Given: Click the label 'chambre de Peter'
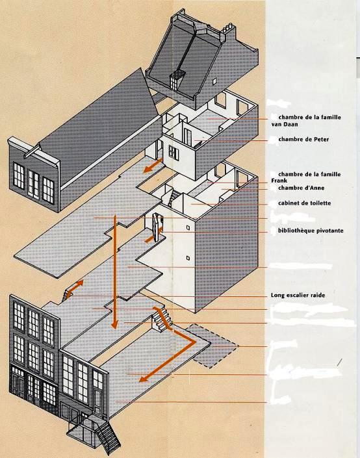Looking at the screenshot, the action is click(303, 139).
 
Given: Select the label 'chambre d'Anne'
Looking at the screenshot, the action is click(302, 188).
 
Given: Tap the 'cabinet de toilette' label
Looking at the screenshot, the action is click(305, 203).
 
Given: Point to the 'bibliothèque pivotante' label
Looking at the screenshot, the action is click(311, 231).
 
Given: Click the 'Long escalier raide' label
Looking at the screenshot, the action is click(298, 295).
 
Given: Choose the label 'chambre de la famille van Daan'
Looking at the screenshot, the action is click(306, 121).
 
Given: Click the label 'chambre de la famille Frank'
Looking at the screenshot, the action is click(306, 177).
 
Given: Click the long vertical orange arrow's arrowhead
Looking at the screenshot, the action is click(115, 324).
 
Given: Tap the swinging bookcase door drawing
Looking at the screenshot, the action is click(157, 227).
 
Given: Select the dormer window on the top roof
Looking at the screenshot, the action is click(176, 79).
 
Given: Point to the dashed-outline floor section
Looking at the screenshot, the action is click(212, 345).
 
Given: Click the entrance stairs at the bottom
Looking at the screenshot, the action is click(109, 437).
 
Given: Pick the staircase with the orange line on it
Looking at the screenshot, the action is click(161, 319).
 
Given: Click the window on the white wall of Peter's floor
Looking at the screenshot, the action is click(174, 153).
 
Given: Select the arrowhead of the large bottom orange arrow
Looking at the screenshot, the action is click(144, 379).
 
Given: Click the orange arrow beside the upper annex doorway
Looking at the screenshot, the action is click(153, 166).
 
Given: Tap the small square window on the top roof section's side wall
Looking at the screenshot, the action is click(215, 80).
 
